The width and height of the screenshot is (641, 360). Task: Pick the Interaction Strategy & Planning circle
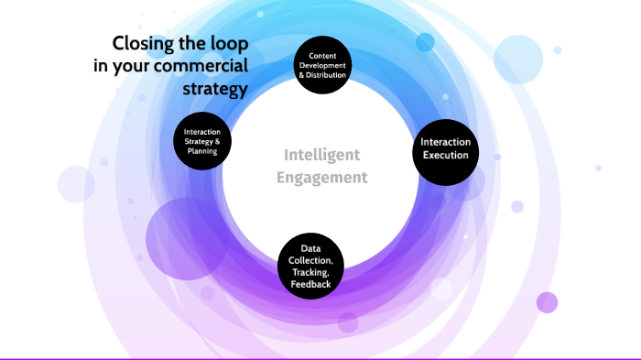click(x=201, y=142)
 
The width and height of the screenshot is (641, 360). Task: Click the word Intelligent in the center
click(x=321, y=155)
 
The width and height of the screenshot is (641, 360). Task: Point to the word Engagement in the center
click(x=321, y=177)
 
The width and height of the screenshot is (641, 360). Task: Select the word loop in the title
click(x=228, y=44)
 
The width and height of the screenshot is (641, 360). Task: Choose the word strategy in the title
click(x=216, y=90)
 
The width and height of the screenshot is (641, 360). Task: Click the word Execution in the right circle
click(x=445, y=156)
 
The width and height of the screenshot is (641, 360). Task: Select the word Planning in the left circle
click(x=201, y=152)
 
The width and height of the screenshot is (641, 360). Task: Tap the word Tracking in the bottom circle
click(x=310, y=273)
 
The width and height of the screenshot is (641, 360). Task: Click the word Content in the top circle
click(x=321, y=54)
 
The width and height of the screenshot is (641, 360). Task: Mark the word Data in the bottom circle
click(x=310, y=247)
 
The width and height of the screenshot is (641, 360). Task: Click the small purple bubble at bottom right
click(x=547, y=302)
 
